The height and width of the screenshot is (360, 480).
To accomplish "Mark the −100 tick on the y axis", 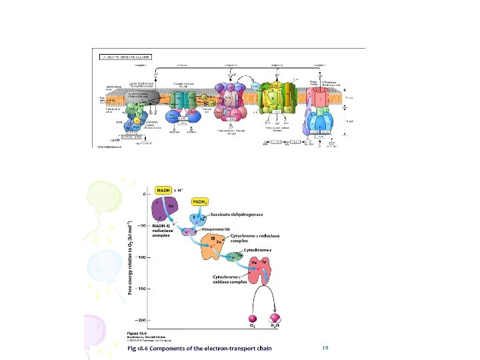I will [144, 257].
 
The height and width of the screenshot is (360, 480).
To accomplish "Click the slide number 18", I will [325, 349].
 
